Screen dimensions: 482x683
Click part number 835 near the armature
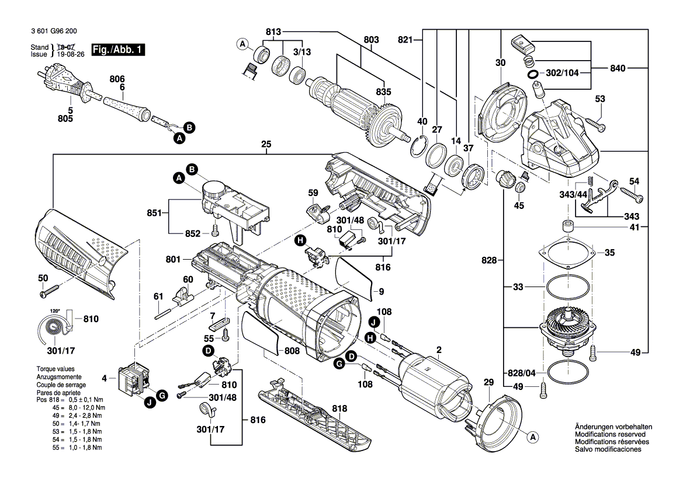click(383, 92)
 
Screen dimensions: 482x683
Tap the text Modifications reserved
click(610, 434)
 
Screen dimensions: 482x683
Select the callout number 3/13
click(301, 53)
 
